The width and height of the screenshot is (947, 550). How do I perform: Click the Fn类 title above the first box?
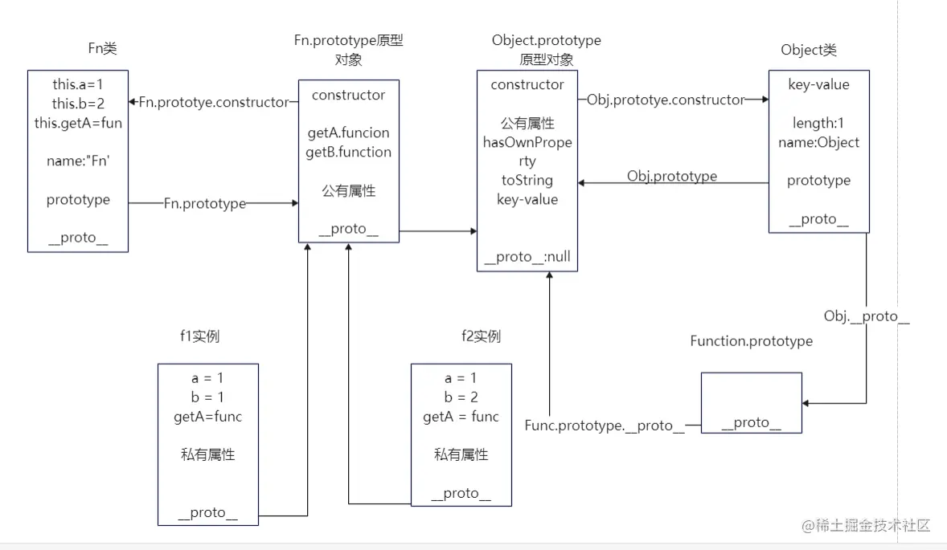pos(102,49)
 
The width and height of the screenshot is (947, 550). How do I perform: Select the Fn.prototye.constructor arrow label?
pos(213,102)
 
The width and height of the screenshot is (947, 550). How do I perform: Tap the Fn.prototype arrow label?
pos(205,204)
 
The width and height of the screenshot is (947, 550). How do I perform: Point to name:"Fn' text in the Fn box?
pos(78,161)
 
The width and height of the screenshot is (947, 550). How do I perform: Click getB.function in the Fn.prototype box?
pos(349,152)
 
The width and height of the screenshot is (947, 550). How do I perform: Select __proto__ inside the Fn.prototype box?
pos(349,229)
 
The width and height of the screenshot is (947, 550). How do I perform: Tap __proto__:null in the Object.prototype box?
pos(527,258)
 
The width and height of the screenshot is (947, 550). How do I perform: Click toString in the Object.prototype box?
pos(527,181)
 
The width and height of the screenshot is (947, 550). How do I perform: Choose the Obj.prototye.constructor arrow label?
pos(666,100)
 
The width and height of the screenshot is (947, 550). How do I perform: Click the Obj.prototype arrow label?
pos(672,176)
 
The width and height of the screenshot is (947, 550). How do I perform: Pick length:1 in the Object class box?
pos(818,123)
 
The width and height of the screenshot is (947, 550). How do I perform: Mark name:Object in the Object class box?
pos(818,142)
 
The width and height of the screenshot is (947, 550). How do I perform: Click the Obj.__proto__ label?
pos(867,316)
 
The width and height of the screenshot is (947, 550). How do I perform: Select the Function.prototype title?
pos(751,341)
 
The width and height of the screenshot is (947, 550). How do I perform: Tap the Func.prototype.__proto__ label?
pos(605,426)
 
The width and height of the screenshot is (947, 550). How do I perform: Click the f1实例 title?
pos(200,336)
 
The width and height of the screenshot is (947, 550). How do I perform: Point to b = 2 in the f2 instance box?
pos(461,397)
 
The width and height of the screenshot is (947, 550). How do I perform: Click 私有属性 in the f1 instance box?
pos(208,454)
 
